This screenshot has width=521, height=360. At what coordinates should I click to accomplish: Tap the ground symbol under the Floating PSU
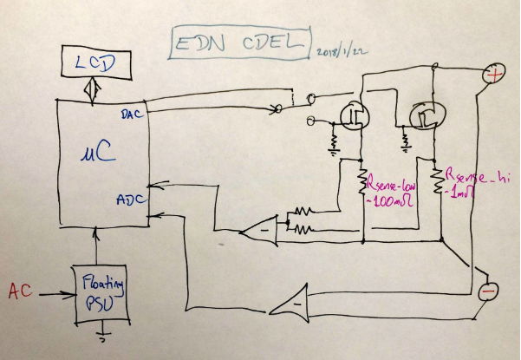tap(102, 334)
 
